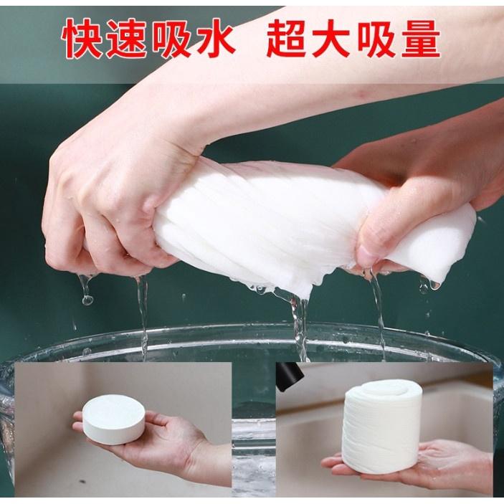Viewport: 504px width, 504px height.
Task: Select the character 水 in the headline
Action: point(214,39)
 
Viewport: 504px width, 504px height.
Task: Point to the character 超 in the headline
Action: point(287,39)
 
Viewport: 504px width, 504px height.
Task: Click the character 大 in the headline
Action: point(331,39)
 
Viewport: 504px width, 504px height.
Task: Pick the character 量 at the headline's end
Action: point(419,39)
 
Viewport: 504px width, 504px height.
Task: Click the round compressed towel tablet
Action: point(114,419)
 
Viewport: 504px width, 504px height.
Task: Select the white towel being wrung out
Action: point(308,225)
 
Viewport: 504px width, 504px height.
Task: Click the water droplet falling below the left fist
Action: point(87,300)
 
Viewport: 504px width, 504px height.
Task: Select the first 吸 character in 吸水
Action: point(171,39)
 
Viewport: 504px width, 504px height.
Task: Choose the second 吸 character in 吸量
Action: point(375,39)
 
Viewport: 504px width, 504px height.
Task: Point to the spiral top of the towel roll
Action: point(383,391)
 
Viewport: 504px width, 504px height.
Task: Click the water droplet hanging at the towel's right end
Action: point(434,285)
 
